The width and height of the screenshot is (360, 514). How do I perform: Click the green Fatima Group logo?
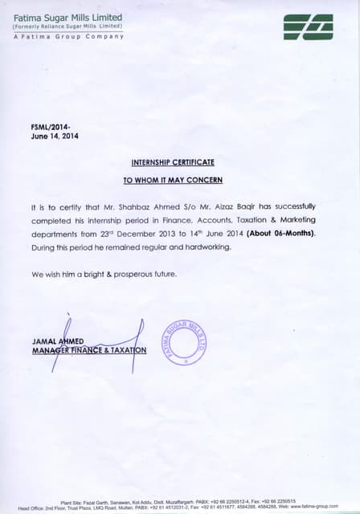click(x=309, y=27)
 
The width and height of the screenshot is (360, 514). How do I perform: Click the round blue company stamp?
click(x=185, y=341)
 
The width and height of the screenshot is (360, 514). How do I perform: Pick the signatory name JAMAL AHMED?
click(x=59, y=341)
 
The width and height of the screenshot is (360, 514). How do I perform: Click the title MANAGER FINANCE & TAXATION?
click(x=89, y=350)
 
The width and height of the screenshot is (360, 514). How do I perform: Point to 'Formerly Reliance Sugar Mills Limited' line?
click(x=67, y=27)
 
